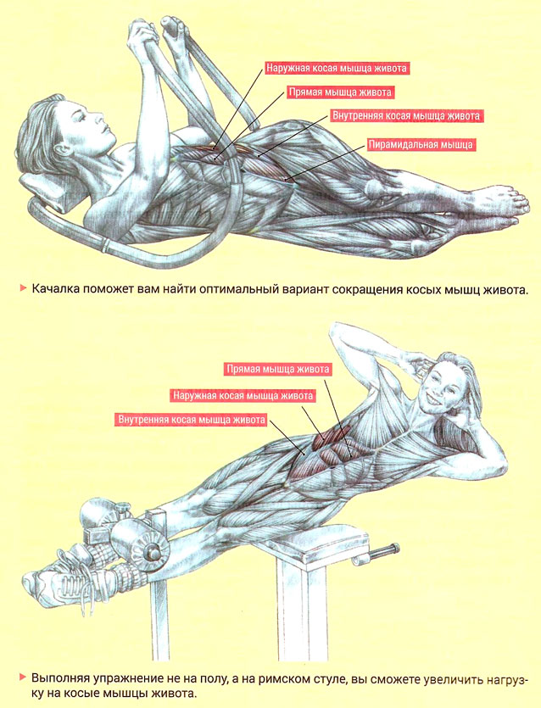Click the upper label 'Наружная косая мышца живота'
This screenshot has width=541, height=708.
tap(337, 68)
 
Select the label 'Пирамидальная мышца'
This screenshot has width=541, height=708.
tap(421, 145)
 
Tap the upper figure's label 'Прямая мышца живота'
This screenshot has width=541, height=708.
tap(340, 92)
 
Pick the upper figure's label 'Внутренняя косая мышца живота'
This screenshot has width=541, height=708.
tap(406, 115)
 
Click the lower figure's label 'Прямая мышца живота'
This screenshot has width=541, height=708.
tap(278, 370)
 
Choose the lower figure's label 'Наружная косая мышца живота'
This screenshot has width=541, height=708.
tap(243, 395)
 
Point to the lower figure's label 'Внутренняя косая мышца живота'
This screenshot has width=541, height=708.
tap(192, 420)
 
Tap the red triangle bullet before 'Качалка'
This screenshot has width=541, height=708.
tap(23, 287)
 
